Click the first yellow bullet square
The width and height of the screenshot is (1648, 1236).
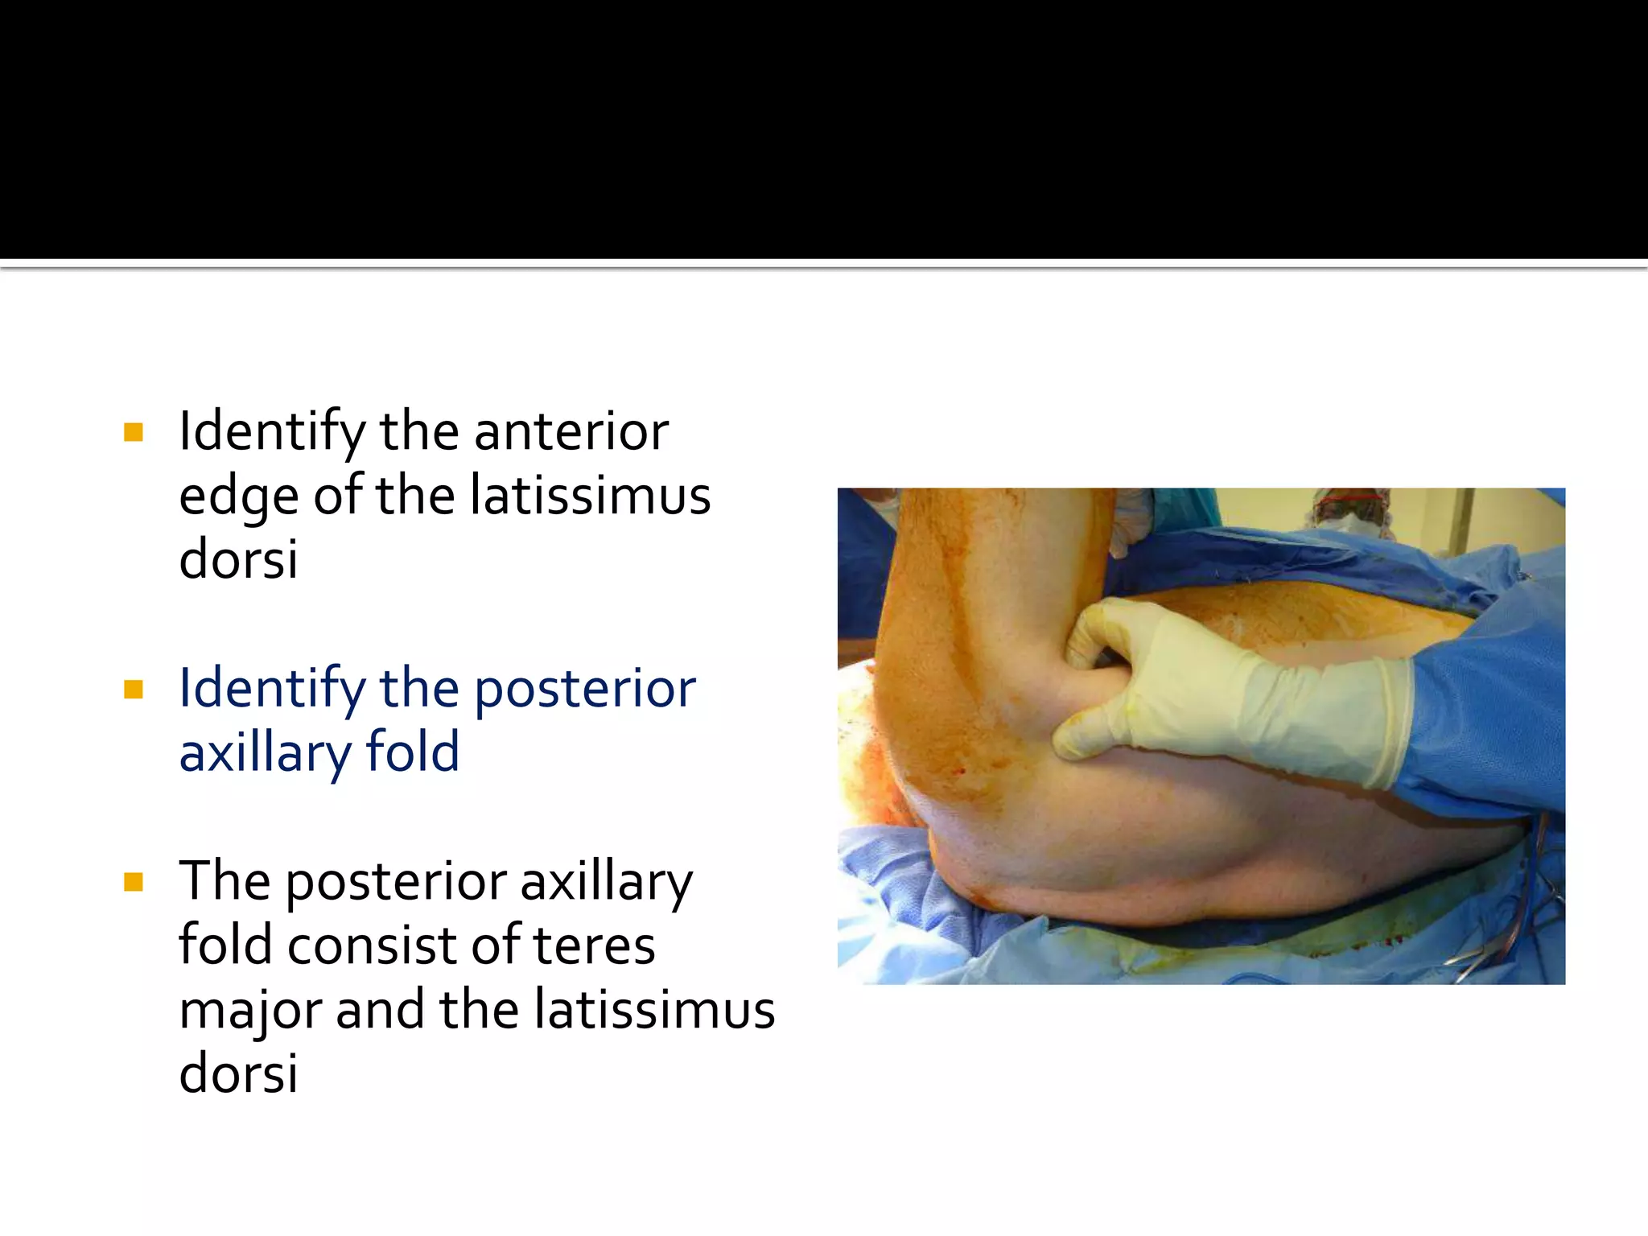[x=134, y=433]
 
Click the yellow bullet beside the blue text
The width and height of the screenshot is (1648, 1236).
[x=134, y=690]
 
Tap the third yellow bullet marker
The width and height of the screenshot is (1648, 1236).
[x=134, y=883]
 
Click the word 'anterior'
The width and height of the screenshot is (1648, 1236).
[x=571, y=432]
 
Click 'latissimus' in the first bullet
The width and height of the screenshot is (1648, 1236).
[x=591, y=496]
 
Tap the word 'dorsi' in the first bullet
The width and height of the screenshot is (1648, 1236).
[x=238, y=559]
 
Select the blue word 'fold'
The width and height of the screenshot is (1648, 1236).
[x=412, y=752]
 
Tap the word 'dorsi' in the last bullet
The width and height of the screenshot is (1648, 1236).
[x=238, y=1073]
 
